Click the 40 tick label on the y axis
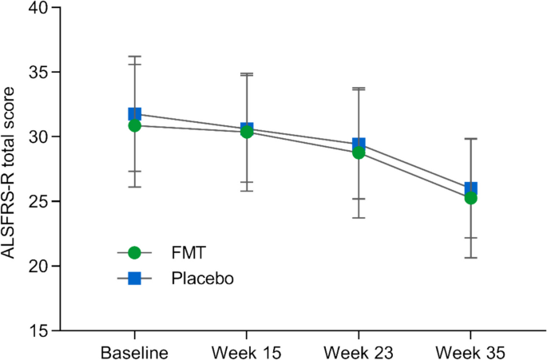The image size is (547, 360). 38,8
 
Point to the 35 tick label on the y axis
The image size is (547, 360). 38,73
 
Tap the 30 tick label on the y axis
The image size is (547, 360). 38,136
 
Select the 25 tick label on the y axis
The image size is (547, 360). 38,201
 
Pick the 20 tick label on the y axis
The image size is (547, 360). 38,266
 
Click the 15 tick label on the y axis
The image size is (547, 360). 38,330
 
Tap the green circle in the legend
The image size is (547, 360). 134,252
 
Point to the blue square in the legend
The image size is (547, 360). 134,277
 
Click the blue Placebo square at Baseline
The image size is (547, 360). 134,114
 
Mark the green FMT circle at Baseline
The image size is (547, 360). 134,125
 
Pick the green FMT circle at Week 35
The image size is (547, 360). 471,197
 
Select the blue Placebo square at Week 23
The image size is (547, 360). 359,144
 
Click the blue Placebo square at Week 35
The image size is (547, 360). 471,188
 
